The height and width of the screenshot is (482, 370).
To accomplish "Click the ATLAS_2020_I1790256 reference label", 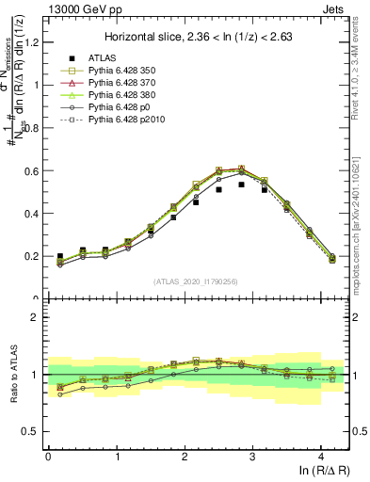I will coord(197,281).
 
